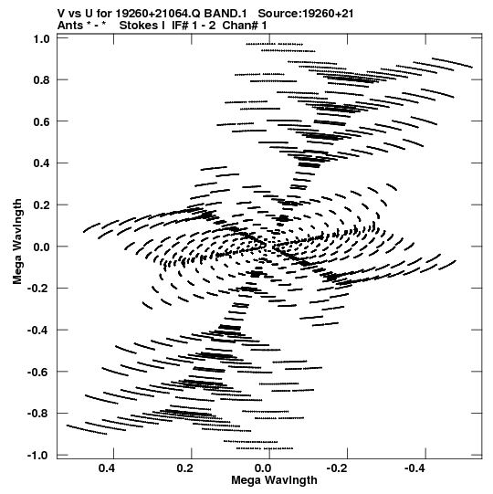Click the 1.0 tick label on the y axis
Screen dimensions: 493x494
[42, 38]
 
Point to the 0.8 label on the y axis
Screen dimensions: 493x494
[42, 80]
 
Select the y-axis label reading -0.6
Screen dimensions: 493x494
[38, 372]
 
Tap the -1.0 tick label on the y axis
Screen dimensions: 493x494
[38, 456]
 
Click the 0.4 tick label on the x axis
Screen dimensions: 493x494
[107, 468]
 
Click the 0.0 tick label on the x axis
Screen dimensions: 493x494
[263, 468]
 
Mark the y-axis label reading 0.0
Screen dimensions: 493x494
[42, 247]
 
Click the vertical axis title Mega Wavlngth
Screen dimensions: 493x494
[17, 242]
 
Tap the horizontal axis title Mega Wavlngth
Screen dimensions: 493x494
[274, 480]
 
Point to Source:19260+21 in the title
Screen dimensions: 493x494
[306, 14]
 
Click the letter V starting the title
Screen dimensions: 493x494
[61, 14]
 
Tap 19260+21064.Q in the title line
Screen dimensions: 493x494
[158, 14]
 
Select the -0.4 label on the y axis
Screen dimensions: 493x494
[38, 331]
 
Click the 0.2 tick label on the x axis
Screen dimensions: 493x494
[184, 468]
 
